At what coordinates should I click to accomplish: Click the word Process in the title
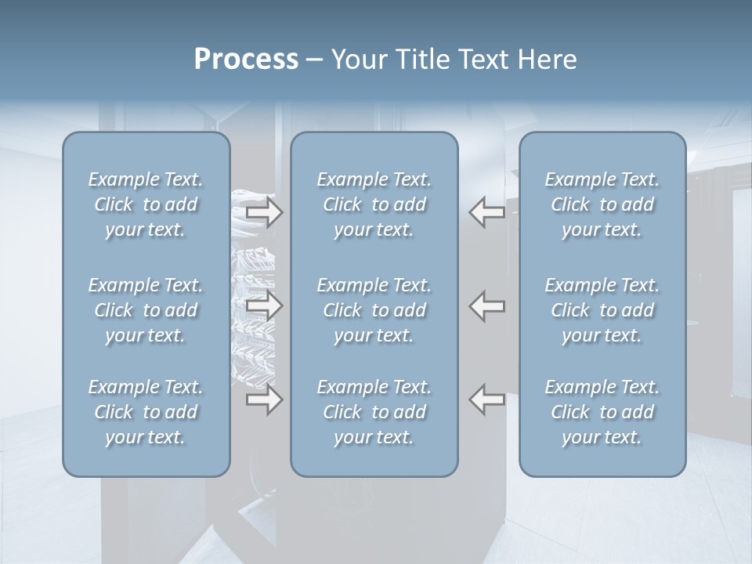(x=246, y=60)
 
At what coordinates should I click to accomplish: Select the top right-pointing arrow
(x=264, y=212)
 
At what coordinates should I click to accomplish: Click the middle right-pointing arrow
(x=264, y=305)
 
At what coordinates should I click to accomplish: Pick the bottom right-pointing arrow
(x=264, y=399)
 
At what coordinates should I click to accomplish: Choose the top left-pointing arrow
(x=487, y=212)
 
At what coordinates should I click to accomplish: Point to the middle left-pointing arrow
(x=487, y=305)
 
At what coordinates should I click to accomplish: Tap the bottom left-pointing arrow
(x=487, y=399)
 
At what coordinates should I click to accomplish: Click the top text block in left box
(x=146, y=204)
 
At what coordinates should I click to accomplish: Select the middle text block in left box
(x=146, y=310)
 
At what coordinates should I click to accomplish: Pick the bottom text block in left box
(x=146, y=412)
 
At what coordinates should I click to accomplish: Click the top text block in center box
(x=374, y=204)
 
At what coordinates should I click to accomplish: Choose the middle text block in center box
(x=374, y=310)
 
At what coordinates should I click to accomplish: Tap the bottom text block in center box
(x=374, y=412)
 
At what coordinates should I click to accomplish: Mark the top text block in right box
(x=602, y=204)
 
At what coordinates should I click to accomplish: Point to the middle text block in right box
(x=602, y=310)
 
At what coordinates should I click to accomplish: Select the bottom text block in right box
(x=602, y=412)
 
